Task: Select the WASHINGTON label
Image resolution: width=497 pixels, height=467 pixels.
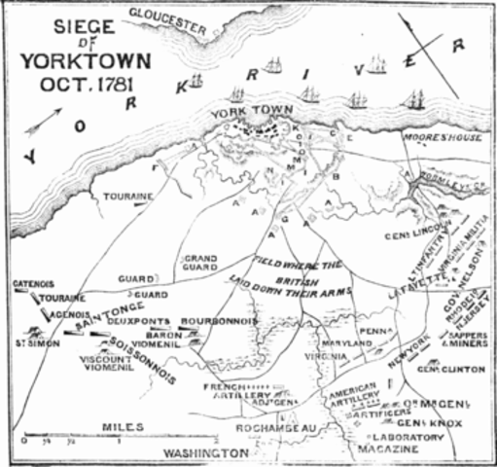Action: [x=206, y=453]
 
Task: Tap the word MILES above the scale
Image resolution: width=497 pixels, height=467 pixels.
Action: [x=122, y=426]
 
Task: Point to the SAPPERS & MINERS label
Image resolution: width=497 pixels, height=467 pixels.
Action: [x=467, y=340]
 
